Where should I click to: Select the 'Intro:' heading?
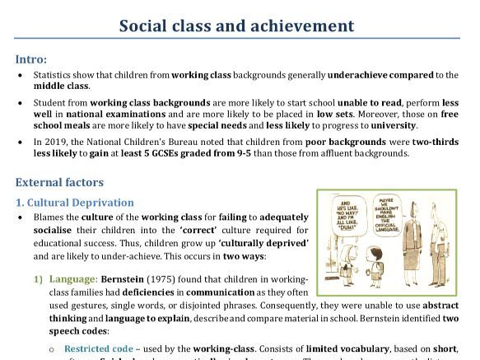click(x=30, y=59)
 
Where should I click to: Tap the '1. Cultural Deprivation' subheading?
click(x=75, y=203)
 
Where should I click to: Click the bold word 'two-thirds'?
click(x=433, y=142)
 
